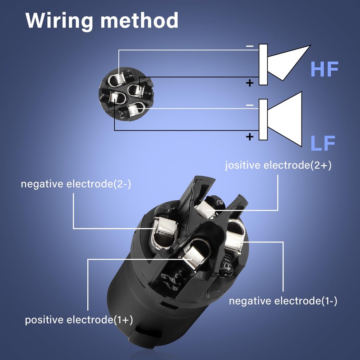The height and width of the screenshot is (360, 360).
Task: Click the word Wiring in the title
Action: [59, 21]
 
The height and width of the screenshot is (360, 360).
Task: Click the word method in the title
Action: [139, 20]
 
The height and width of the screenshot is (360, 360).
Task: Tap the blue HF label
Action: [324, 69]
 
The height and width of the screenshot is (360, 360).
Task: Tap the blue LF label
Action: [323, 143]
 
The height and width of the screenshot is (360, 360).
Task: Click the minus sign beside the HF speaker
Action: [250, 46]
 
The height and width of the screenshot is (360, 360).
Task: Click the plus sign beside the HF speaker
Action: [250, 83]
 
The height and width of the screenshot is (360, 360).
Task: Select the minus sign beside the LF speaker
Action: [250, 105]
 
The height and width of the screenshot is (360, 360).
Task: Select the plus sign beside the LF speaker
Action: [250, 137]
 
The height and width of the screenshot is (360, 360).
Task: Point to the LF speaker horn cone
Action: [285, 119]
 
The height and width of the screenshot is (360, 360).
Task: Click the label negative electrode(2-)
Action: [76, 184]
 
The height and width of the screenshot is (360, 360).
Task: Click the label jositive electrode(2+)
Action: [278, 165]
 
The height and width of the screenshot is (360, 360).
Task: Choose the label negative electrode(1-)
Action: [283, 301]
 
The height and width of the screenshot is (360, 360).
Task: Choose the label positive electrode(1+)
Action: [79, 320]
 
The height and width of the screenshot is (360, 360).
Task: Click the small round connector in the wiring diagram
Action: [126, 94]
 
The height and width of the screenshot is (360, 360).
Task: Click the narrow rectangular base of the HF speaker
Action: [263, 64]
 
